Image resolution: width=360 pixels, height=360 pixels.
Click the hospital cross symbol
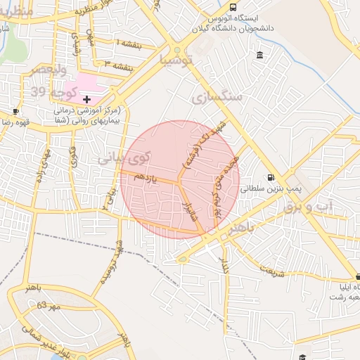(86, 100)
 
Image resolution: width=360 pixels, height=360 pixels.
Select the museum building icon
(260, 56)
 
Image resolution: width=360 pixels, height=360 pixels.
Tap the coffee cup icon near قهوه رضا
(15, 111)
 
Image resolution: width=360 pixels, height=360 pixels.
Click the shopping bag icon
(356, 278)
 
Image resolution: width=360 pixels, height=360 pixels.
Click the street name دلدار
(225, 264)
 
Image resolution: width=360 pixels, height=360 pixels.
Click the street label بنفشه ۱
(128, 44)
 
